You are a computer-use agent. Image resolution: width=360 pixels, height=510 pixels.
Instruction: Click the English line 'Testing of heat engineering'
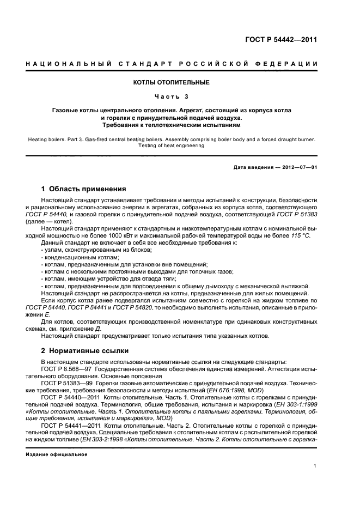click(171, 145)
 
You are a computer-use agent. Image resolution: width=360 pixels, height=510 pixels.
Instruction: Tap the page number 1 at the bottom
click(315, 466)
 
